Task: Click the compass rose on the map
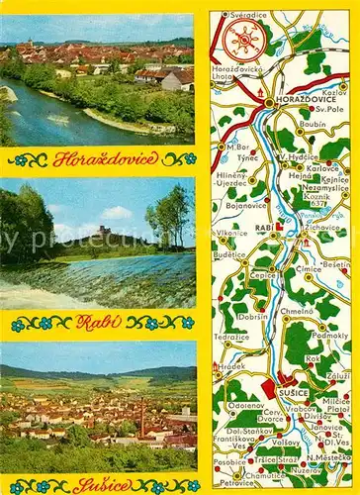pyautogui.click(x=243, y=40)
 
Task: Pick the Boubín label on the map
pyautogui.click(x=314, y=124)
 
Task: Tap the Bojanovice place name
pyautogui.click(x=247, y=205)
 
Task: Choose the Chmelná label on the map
pyautogui.click(x=298, y=310)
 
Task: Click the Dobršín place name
pyautogui.click(x=253, y=316)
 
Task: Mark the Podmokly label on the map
pyautogui.click(x=330, y=337)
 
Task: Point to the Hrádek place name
pyautogui.click(x=232, y=364)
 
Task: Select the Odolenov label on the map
pyautogui.click(x=245, y=404)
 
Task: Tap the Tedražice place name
pyautogui.click(x=232, y=337)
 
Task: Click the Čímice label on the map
pyautogui.click(x=309, y=268)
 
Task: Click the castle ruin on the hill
pyautogui.click(x=103, y=232)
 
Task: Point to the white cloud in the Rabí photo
pyautogui.click(x=114, y=213)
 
